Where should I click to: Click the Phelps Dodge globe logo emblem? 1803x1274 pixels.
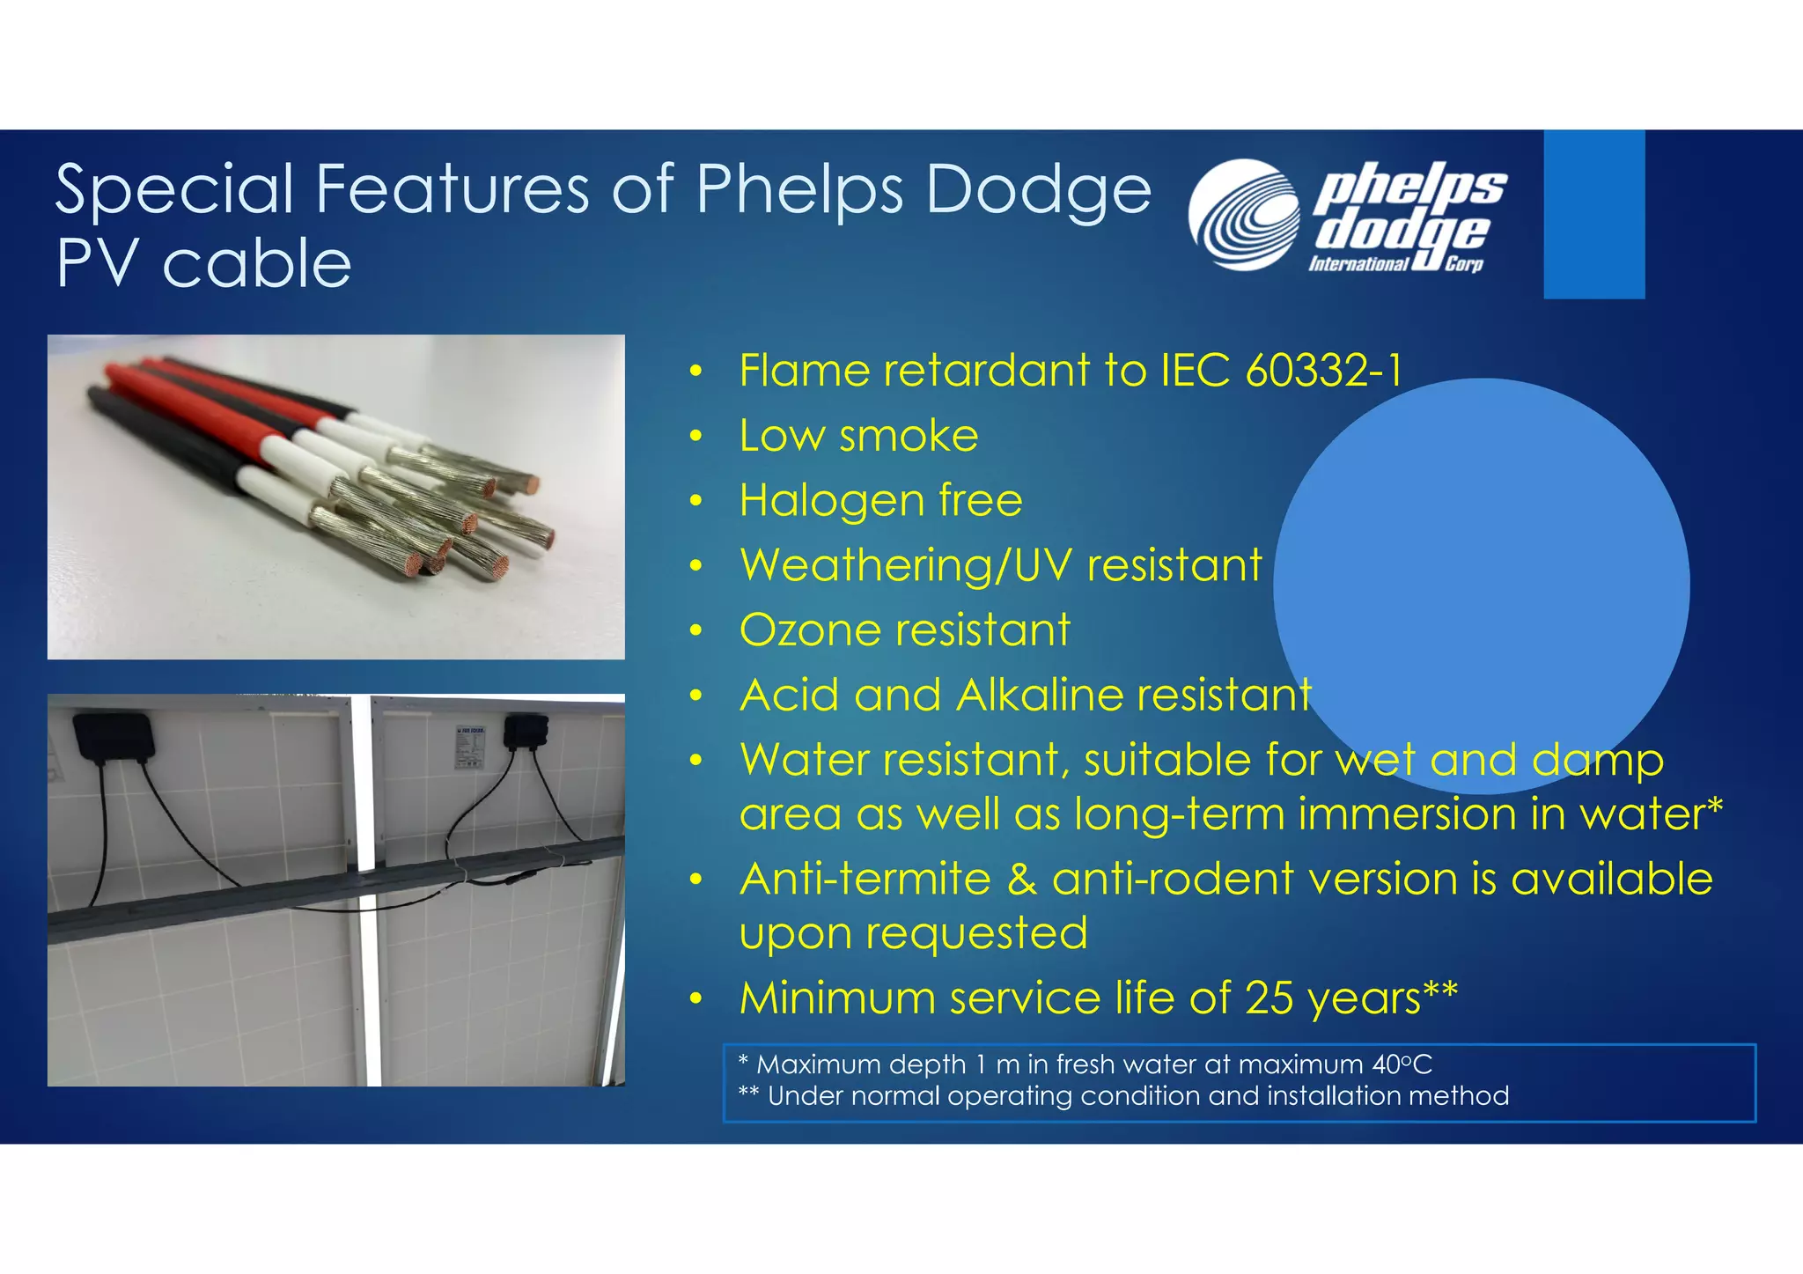1243,214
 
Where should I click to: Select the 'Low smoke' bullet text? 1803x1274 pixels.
858,436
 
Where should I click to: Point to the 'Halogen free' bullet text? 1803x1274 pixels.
880,500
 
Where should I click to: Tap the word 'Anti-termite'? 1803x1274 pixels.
865,879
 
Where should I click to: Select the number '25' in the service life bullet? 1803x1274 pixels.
1269,998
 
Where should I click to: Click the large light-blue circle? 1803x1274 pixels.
1481,563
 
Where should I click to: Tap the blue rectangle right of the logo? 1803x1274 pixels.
1593,214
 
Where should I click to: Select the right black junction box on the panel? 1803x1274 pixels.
526,733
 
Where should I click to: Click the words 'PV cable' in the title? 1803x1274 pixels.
203,264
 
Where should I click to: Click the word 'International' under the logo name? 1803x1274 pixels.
1358,264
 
